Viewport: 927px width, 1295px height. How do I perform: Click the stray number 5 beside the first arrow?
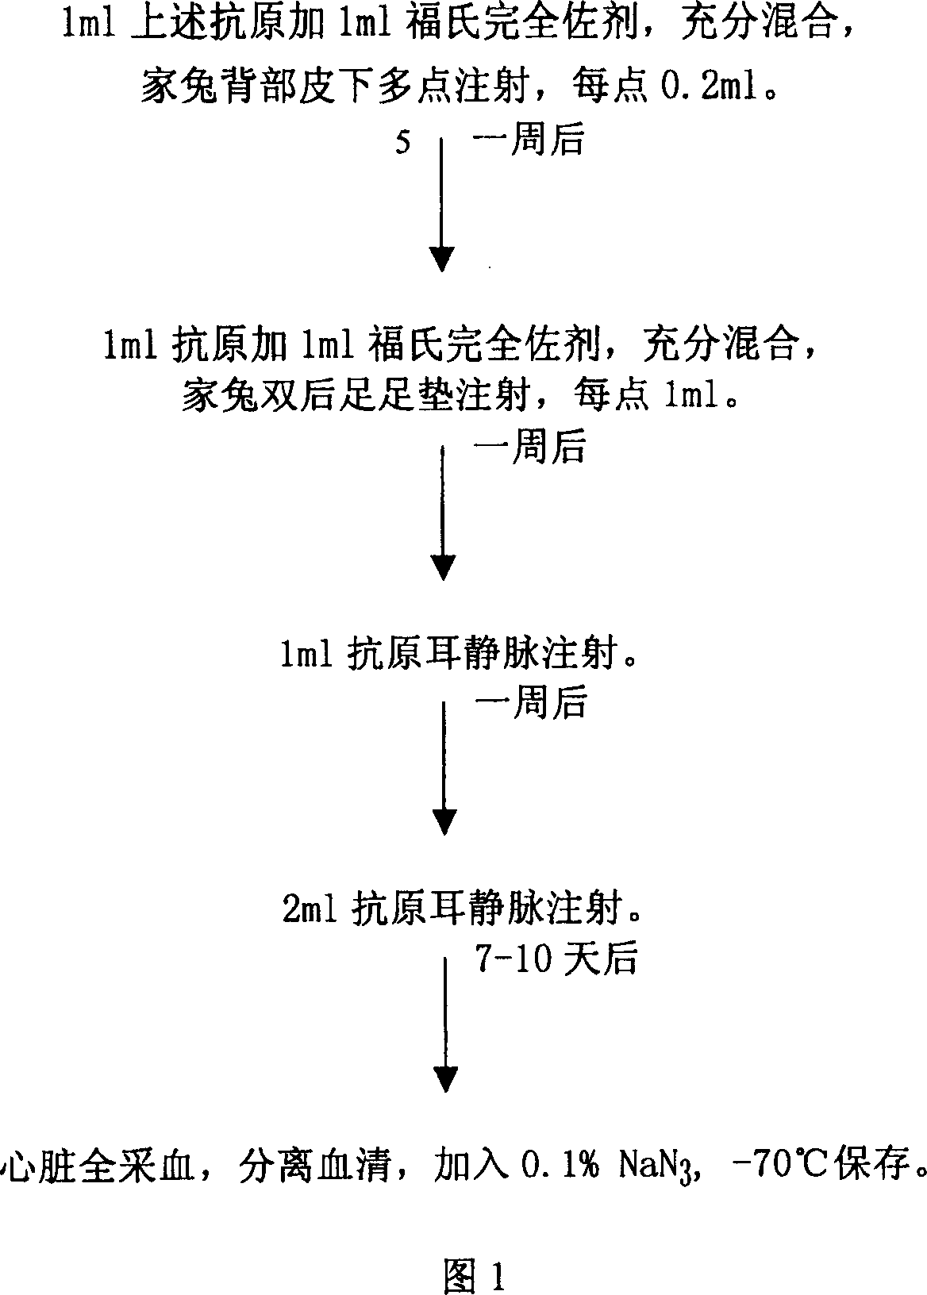(403, 141)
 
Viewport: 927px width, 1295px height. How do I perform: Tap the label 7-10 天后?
(556, 958)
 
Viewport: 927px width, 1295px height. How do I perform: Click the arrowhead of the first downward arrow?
(442, 259)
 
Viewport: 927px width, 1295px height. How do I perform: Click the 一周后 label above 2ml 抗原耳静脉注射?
(531, 703)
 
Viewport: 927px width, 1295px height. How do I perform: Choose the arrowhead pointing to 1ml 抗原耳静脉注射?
(444, 567)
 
